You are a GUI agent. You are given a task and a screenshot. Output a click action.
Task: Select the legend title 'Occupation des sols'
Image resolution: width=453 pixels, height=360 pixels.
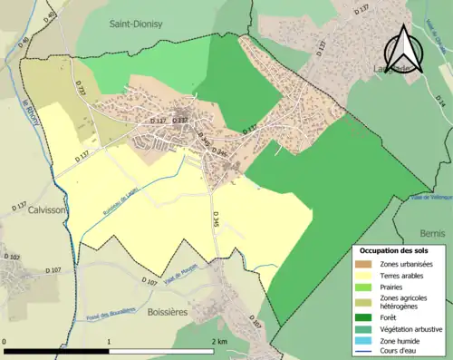click(x=394, y=250)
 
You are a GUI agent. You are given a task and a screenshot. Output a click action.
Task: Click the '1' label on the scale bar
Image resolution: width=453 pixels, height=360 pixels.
click(x=109, y=342)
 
